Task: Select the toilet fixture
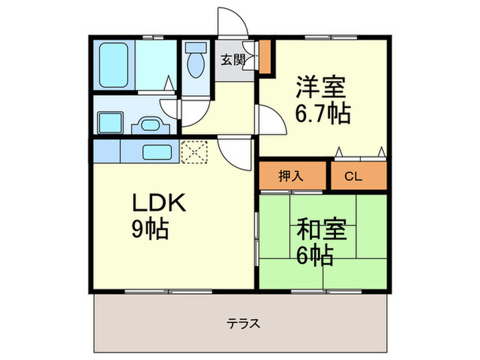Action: point(195,62)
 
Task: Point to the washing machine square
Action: point(110,122)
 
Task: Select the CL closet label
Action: point(352,176)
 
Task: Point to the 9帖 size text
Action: point(150,230)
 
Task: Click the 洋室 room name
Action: point(322,87)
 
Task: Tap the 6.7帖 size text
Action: point(323,112)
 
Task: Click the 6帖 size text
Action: point(315,256)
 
